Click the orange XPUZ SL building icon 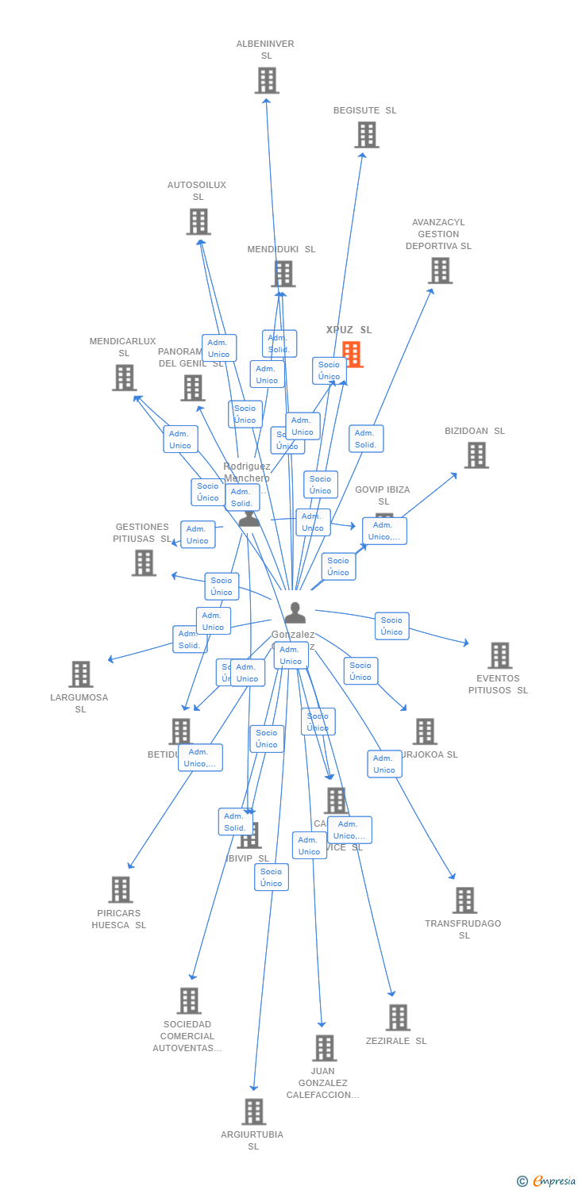point(352,355)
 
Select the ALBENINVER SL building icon point(267,80)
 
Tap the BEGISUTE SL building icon point(367,135)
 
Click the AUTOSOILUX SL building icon point(198,221)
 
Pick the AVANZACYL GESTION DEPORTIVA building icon point(440,271)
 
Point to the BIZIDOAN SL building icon point(476,455)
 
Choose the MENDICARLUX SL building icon point(124,378)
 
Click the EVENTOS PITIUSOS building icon point(500,656)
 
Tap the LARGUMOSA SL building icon point(81,674)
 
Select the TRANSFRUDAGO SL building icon point(464,900)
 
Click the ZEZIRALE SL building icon point(398,1017)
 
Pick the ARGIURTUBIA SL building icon point(254,1111)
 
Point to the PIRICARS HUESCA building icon point(121,889)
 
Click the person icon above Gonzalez point(295,612)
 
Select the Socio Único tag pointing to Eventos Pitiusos point(391,626)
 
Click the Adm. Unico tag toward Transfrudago point(384,764)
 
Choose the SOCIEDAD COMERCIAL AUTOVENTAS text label point(187,1036)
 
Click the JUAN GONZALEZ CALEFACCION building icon point(324,1048)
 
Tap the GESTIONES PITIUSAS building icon point(144,562)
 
